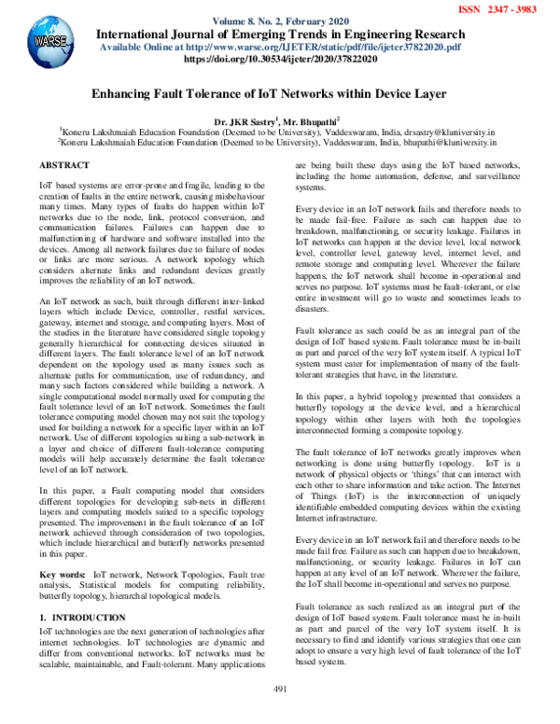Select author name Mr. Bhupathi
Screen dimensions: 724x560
[x=312, y=122]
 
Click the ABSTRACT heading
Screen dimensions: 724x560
[x=64, y=165]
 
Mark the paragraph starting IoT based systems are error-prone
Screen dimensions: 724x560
[x=150, y=220]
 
